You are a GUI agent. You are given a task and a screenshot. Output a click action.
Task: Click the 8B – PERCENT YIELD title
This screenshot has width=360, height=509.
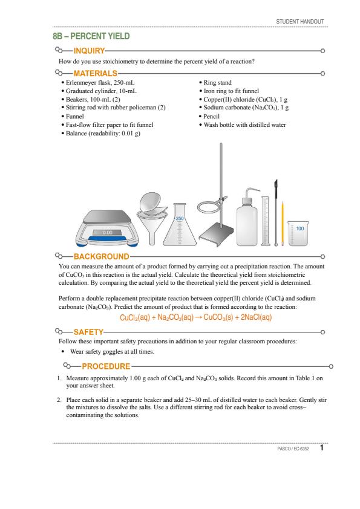91,36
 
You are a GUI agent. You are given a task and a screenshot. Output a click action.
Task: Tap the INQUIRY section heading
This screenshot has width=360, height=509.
89,51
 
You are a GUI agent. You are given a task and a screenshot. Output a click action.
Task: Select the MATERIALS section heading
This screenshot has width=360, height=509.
95,73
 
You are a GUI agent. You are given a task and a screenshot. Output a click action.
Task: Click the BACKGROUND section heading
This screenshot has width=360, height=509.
102,256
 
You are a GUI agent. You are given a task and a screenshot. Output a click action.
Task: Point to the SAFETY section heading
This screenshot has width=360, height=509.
88,332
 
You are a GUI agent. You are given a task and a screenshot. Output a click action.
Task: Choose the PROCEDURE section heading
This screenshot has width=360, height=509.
106,366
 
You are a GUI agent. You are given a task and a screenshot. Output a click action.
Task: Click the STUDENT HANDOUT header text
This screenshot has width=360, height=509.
300,21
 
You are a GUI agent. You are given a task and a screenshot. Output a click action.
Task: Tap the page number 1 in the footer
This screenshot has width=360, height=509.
322,448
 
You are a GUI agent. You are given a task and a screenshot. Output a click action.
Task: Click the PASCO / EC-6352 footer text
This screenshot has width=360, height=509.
293,449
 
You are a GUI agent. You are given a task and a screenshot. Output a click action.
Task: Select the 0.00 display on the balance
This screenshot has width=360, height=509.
107,232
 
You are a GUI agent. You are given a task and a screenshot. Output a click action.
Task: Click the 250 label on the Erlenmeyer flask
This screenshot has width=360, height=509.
180,218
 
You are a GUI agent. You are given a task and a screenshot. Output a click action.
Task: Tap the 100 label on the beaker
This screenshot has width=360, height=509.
300,229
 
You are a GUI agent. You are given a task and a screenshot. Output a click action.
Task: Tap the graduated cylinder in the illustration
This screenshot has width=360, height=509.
266,221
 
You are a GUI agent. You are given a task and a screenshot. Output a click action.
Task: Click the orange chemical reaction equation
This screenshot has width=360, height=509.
195,317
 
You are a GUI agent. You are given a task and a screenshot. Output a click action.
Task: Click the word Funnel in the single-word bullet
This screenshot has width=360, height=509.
75,116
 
